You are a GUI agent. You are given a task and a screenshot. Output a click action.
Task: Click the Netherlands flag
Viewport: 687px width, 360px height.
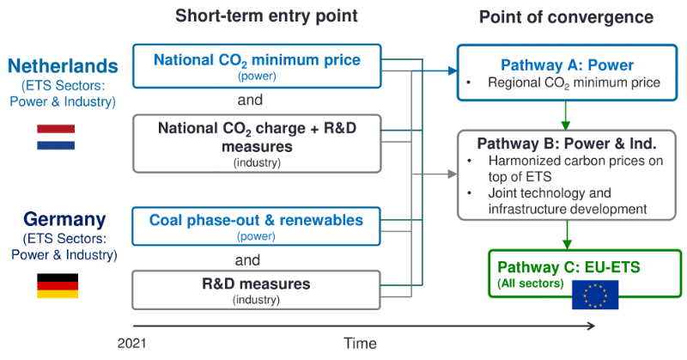56,137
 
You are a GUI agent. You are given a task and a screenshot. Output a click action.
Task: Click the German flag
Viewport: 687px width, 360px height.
57,285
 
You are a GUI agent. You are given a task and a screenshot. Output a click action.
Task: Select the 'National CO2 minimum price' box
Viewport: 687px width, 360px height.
256,65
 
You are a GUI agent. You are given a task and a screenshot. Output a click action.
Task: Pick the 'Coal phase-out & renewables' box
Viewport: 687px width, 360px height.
256,225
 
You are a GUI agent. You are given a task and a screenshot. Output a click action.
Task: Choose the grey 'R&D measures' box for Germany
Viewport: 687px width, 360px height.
256,289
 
